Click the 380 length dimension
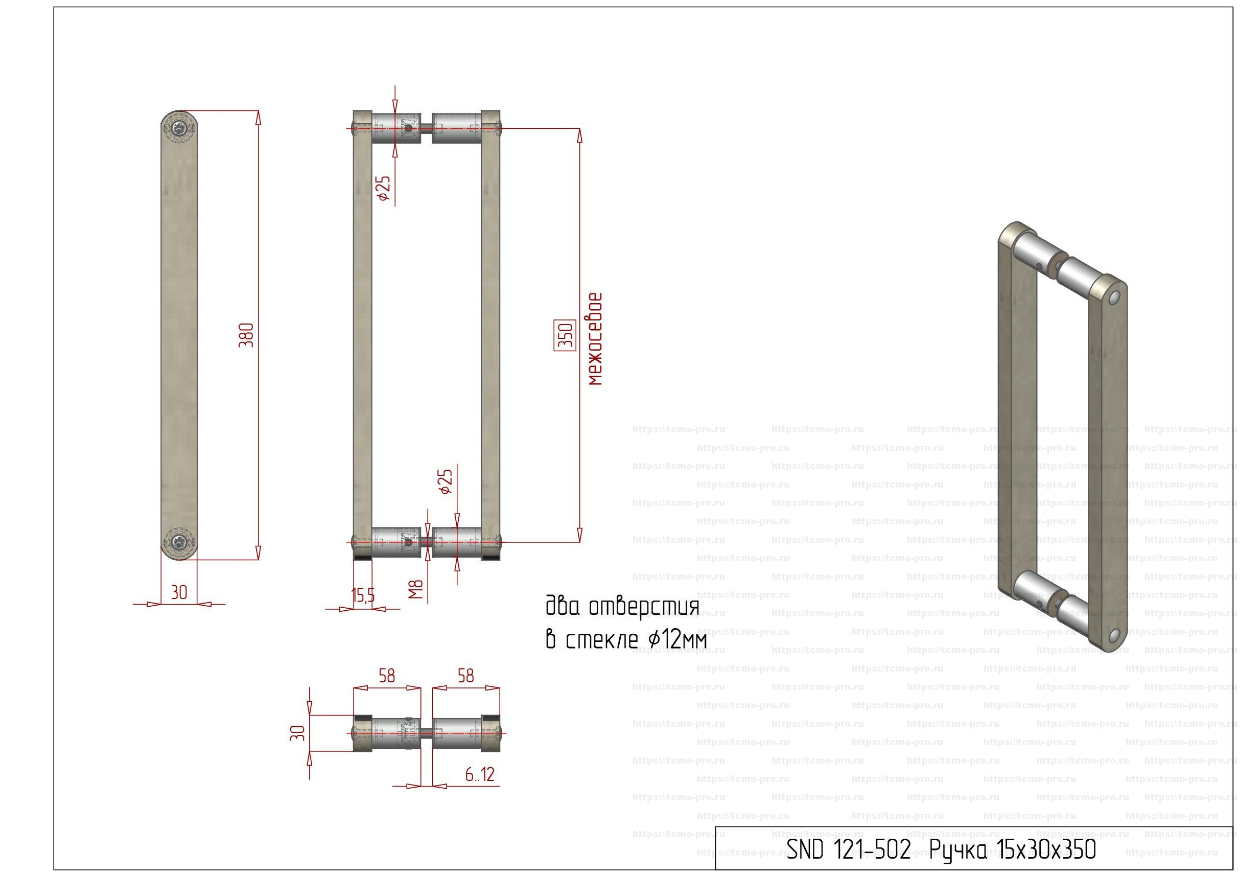(x=246, y=335)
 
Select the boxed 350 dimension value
(x=565, y=335)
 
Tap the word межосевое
(x=595, y=339)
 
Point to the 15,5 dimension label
(x=363, y=596)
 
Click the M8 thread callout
(x=415, y=590)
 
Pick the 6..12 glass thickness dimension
(x=480, y=775)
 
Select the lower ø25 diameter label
(x=446, y=482)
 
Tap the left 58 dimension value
(x=387, y=676)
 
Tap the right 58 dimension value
(x=465, y=676)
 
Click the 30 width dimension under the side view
(x=179, y=593)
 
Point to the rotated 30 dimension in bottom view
(x=297, y=733)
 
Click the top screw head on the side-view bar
(x=179, y=129)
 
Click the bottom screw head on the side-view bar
(x=179, y=542)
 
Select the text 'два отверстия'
(x=622, y=607)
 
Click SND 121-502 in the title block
(x=849, y=849)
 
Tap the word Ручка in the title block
(x=957, y=849)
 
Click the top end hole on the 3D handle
(x=1114, y=297)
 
